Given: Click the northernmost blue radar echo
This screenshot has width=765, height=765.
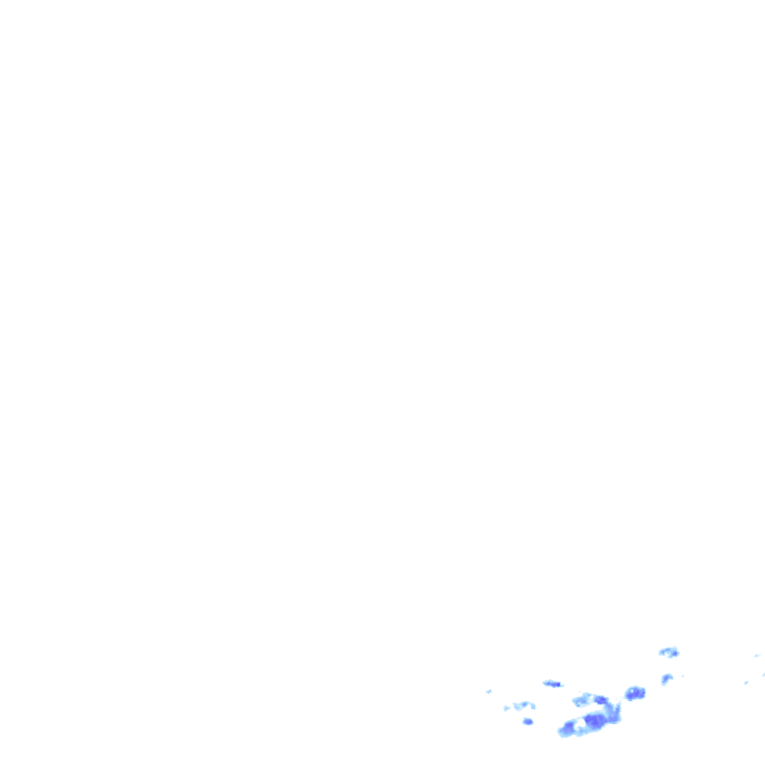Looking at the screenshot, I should tap(668, 652).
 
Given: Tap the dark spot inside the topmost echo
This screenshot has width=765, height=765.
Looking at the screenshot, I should tap(672, 653).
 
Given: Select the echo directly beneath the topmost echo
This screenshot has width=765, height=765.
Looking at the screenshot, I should tap(665, 679).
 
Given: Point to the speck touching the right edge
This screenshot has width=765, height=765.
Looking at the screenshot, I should tap(763, 674).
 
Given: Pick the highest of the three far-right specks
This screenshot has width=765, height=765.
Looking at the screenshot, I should tap(757, 655).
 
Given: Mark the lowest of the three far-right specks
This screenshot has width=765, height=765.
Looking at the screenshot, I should tap(746, 682).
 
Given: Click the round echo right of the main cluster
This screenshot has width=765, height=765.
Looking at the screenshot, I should tap(635, 693).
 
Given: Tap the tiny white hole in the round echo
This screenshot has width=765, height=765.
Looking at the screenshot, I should tap(632, 691).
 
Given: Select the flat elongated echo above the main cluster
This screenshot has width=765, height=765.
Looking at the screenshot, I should tap(552, 683).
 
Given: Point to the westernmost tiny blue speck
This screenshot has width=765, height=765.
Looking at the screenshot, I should tap(489, 691).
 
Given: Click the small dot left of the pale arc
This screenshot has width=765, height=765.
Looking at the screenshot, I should tap(506, 708).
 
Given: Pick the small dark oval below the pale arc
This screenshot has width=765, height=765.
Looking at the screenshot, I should tap(528, 721).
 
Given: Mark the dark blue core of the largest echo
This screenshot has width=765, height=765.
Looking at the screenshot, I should tap(595, 720).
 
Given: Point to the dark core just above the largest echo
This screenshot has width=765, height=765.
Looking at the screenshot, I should tap(600, 700).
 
